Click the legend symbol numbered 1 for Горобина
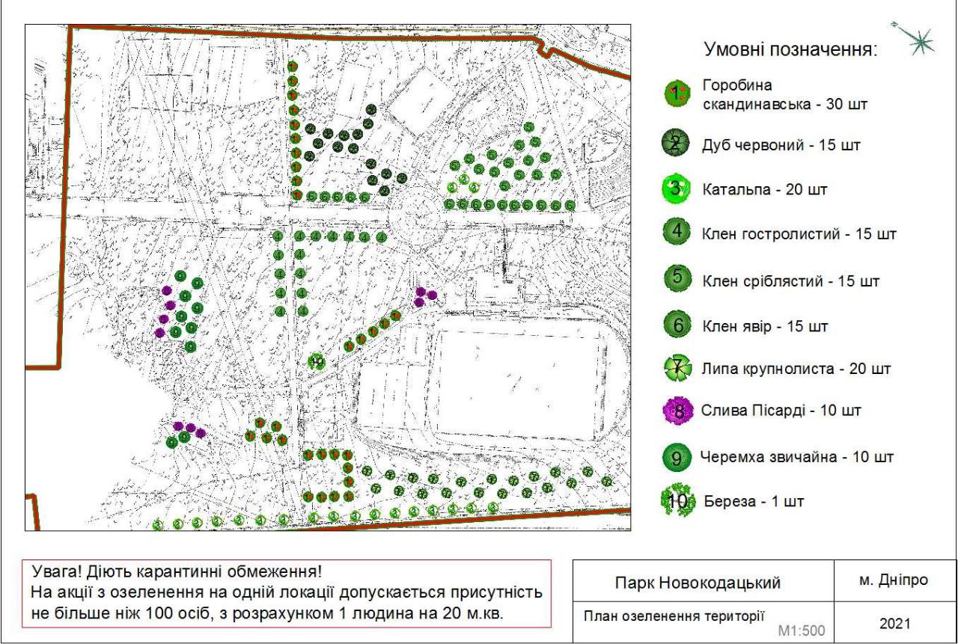[x=677, y=93]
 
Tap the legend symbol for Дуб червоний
[x=676, y=145]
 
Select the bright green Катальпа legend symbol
[x=676, y=188]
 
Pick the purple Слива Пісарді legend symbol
[x=677, y=411]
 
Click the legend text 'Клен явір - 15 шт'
[x=766, y=327]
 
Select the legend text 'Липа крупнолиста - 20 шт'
[x=797, y=369]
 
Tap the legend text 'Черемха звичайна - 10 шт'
[x=797, y=456]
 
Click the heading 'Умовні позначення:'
[x=790, y=51]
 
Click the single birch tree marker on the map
[x=317, y=362]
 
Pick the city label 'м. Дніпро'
[x=894, y=580]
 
